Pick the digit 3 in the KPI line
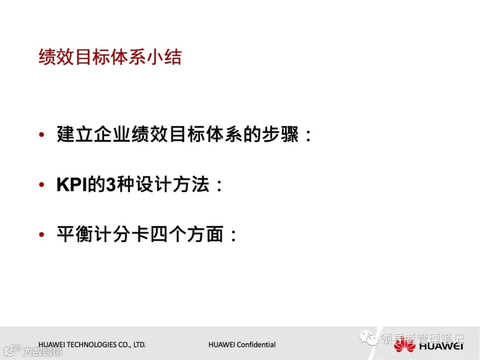[110, 185]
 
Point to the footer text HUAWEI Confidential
[242, 344]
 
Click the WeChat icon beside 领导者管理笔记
[369, 338]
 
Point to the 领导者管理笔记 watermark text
[422, 339]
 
